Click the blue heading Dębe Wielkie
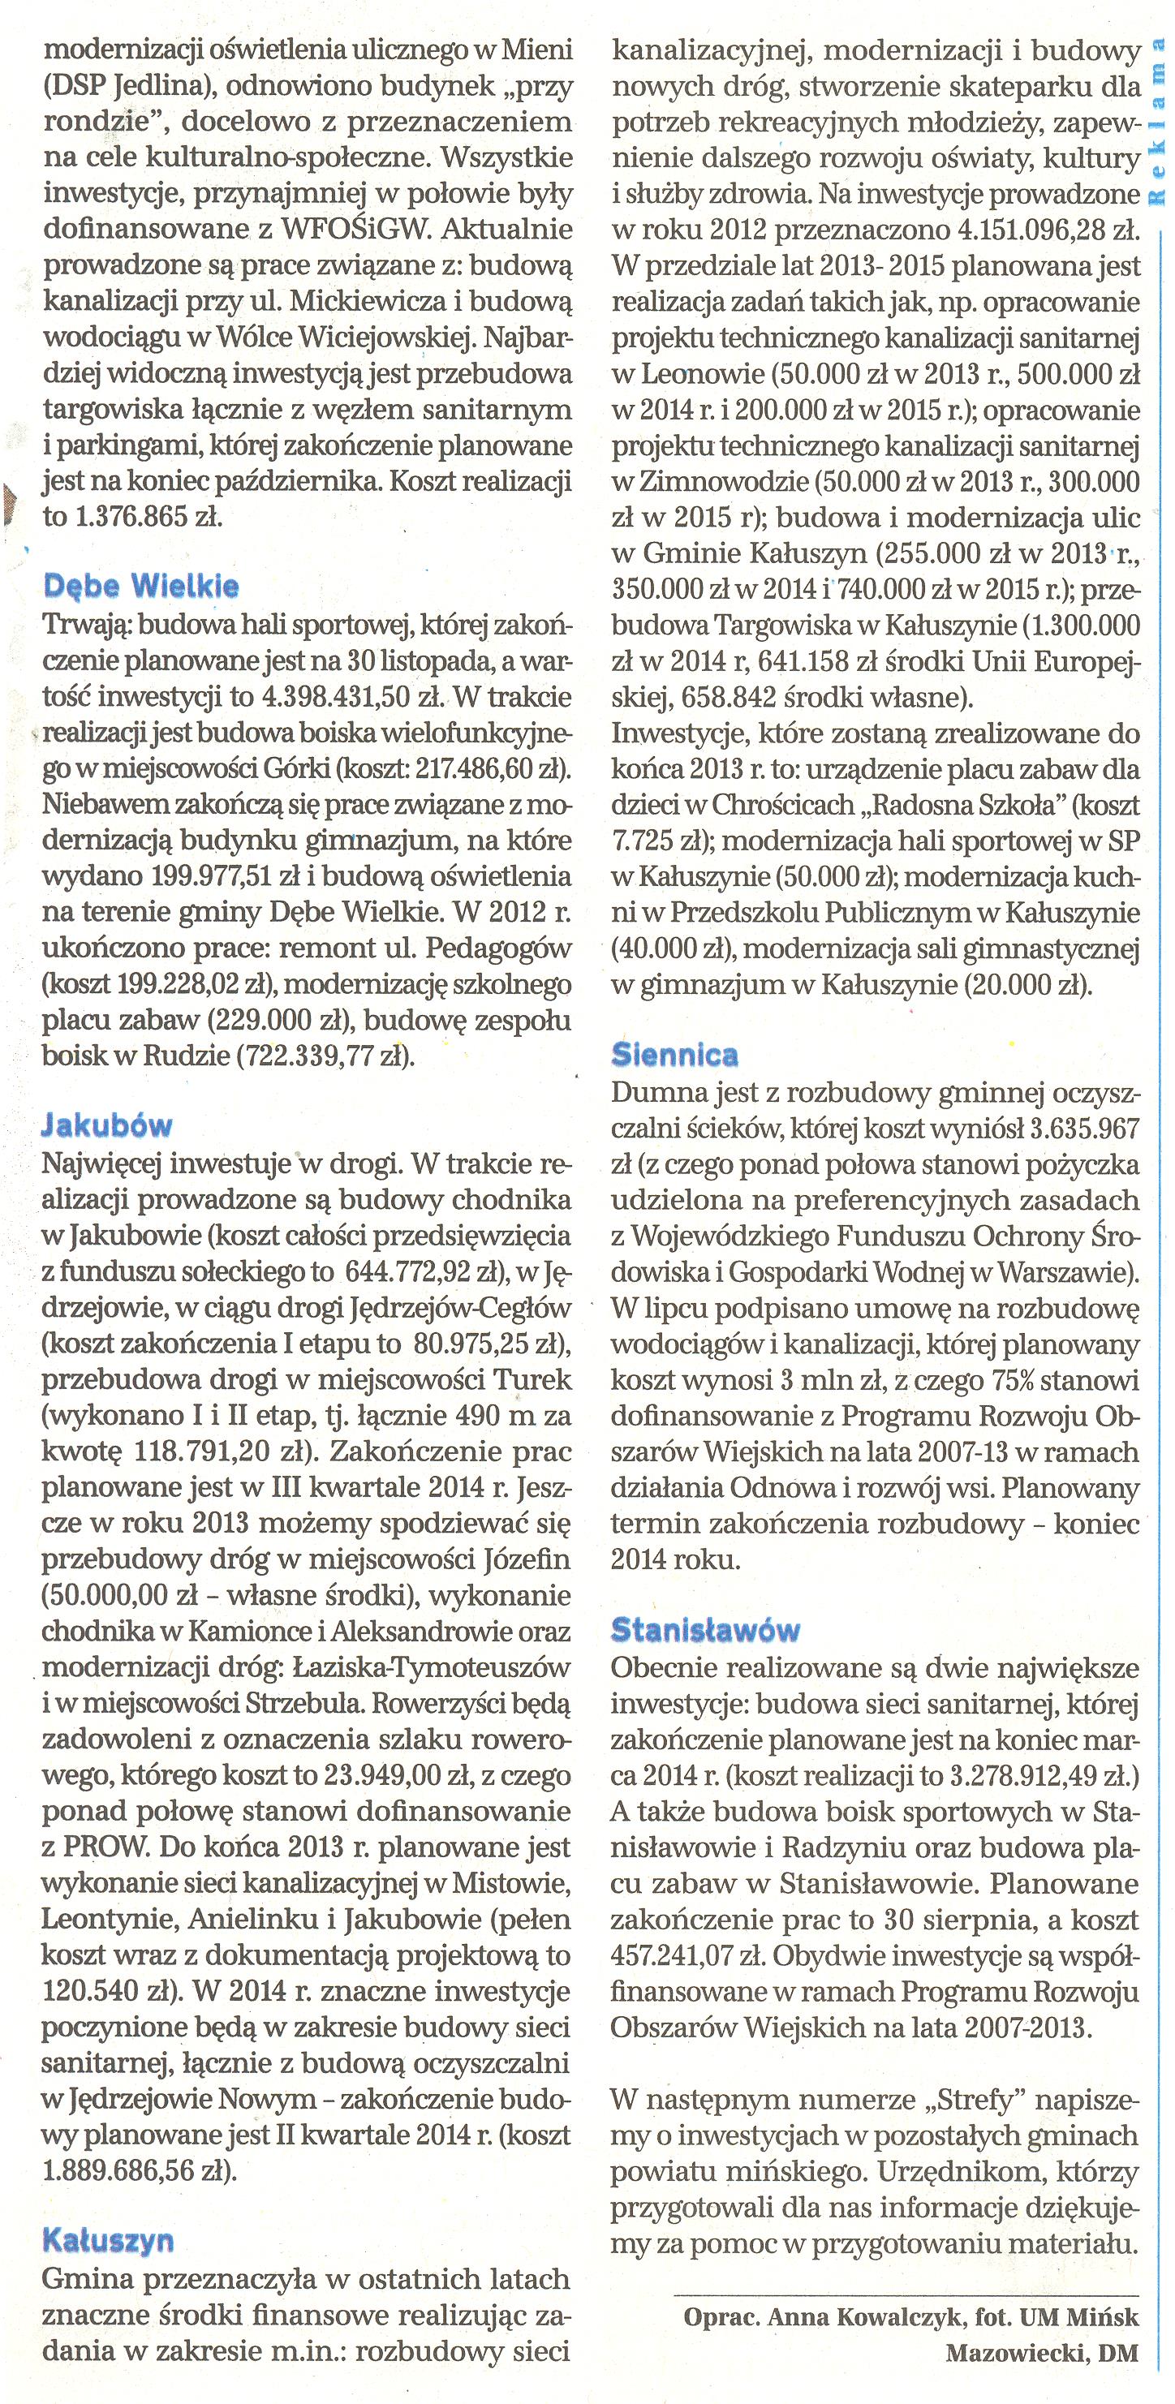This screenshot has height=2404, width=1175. click(141, 586)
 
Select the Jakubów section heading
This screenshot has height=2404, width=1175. click(107, 1125)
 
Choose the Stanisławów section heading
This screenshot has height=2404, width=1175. click(705, 1630)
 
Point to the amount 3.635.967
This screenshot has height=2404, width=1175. click(1083, 1129)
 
